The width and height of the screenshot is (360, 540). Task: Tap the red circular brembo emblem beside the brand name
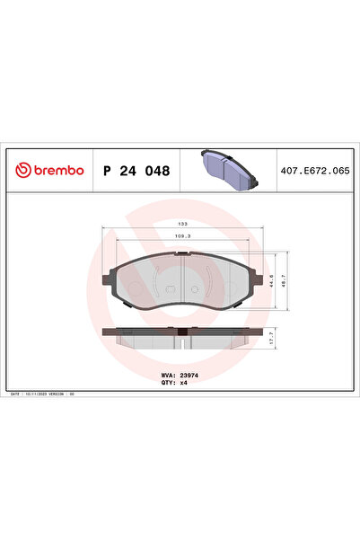point(22,171)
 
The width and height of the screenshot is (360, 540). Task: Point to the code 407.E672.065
point(313,171)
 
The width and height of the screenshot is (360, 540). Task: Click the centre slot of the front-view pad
point(181,280)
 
